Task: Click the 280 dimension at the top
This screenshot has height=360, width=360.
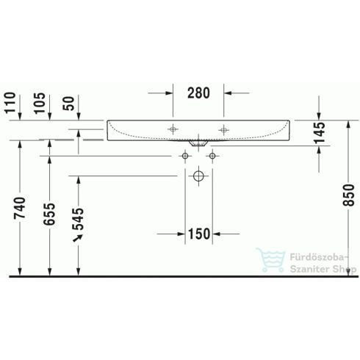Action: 198,93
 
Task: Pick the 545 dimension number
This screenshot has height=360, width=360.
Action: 79,218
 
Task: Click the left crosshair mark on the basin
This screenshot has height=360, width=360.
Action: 173,129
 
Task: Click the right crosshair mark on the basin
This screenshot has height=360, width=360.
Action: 223,129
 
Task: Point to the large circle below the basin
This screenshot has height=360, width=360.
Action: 198,176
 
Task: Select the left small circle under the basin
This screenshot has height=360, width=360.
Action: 184,156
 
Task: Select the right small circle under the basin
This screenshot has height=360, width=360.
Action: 212,156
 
